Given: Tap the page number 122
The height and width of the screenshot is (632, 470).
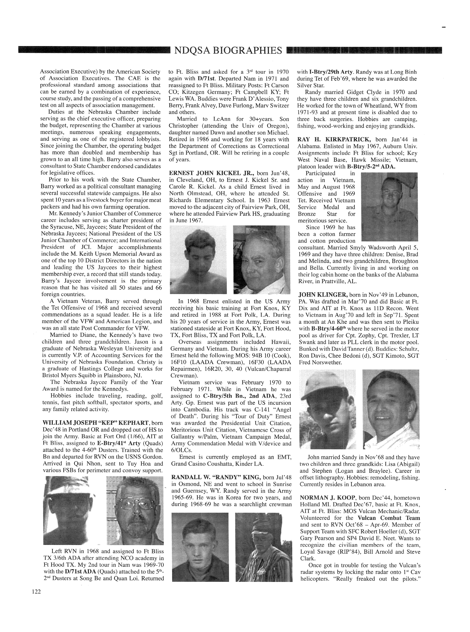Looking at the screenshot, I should click(x=36, y=592).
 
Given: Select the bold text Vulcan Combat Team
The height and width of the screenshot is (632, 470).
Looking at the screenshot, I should click(x=389, y=518).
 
